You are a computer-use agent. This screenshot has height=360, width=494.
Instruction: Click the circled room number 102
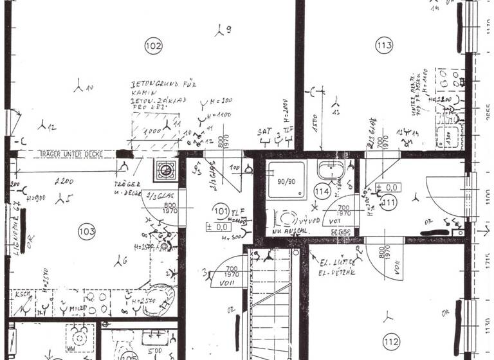point(154,46)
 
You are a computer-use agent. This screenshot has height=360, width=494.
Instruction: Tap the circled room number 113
point(384,46)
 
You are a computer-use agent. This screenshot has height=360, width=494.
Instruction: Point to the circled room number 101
point(221,210)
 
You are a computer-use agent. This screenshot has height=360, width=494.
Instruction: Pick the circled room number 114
point(322,192)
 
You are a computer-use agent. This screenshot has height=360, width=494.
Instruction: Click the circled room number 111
point(389,203)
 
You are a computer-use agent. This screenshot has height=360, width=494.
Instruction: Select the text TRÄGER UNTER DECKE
point(68,154)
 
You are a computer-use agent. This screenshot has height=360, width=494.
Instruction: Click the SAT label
point(264,131)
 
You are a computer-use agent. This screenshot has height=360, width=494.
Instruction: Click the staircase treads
point(272,302)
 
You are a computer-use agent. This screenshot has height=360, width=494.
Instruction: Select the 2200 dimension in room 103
point(62,181)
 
